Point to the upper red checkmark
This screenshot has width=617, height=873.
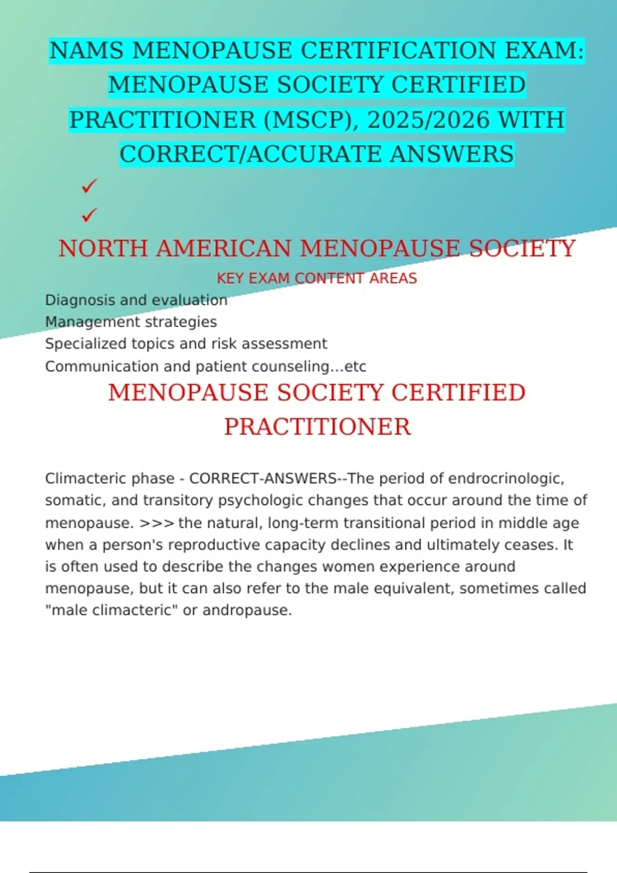[89, 186]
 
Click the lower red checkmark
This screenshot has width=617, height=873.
[89, 214]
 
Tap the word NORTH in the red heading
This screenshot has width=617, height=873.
[103, 249]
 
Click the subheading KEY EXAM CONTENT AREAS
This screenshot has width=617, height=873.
[317, 278]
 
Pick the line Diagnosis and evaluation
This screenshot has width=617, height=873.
[136, 300]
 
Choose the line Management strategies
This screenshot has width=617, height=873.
[131, 322]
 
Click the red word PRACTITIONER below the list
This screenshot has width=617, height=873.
[317, 427]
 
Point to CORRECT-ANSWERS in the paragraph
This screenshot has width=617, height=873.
[263, 479]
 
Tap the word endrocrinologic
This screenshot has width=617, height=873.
[506, 479]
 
